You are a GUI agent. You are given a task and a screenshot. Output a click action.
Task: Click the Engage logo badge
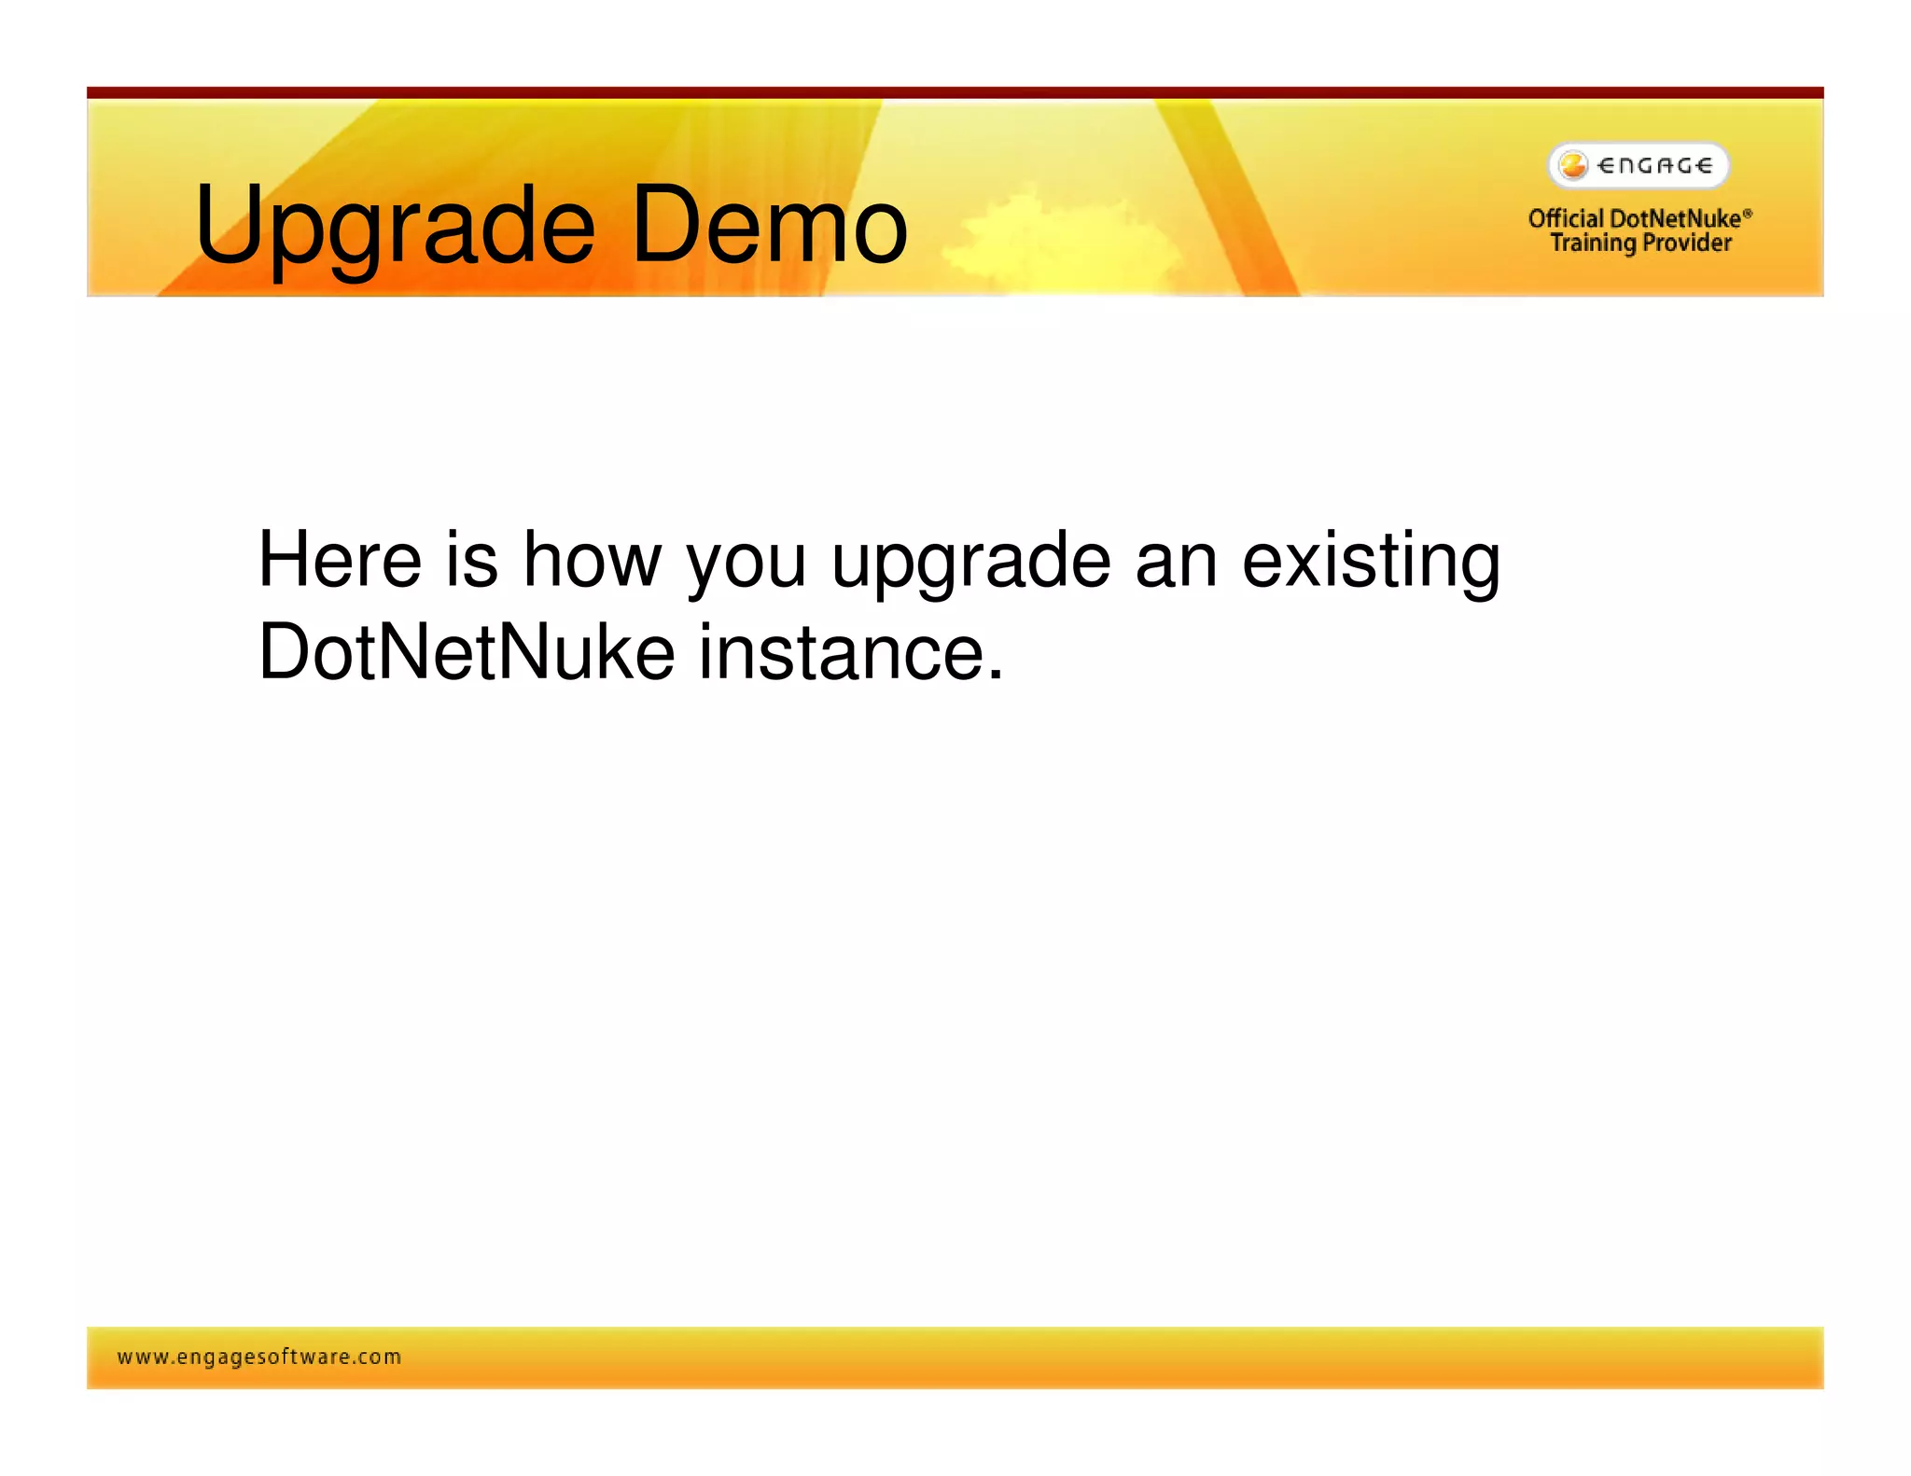[x=1639, y=166]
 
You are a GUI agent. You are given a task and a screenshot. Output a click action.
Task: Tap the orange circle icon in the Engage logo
[x=1573, y=165]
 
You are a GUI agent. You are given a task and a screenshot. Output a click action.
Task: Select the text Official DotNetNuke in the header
[x=1633, y=218]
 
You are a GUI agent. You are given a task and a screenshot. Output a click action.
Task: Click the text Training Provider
[x=1640, y=243]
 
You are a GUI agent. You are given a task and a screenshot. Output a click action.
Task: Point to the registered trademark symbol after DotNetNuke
[x=1748, y=213]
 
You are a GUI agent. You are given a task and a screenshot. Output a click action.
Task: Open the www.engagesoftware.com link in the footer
[x=259, y=1357]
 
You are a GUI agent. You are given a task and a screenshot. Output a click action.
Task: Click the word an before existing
[x=1176, y=561]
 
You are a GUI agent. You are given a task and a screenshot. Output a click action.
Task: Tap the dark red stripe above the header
[x=955, y=92]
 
